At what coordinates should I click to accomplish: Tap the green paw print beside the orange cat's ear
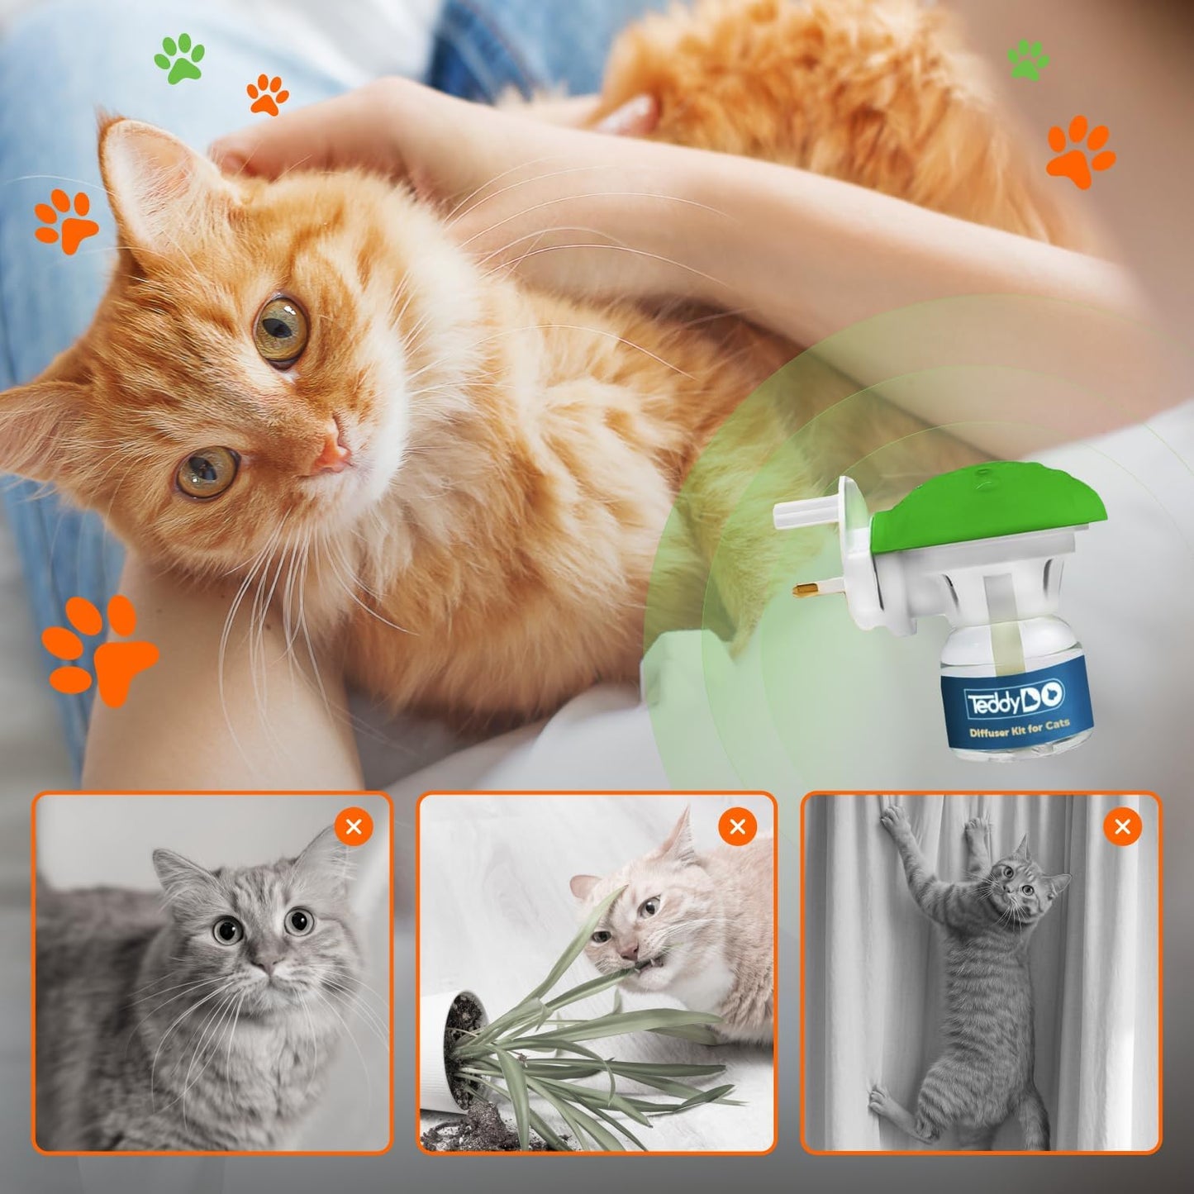point(179,58)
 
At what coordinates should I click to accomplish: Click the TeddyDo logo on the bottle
point(1016,701)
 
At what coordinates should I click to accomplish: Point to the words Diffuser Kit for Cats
point(1020,728)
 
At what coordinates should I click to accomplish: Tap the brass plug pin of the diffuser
point(809,590)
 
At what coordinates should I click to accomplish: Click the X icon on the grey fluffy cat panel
point(354,826)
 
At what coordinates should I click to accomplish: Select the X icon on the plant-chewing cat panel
point(738,826)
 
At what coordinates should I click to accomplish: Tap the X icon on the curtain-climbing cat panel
point(1122,826)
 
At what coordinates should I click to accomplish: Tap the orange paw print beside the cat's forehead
point(66,219)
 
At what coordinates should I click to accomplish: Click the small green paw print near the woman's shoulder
point(1028,59)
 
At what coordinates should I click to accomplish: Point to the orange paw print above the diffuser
point(1080,150)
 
